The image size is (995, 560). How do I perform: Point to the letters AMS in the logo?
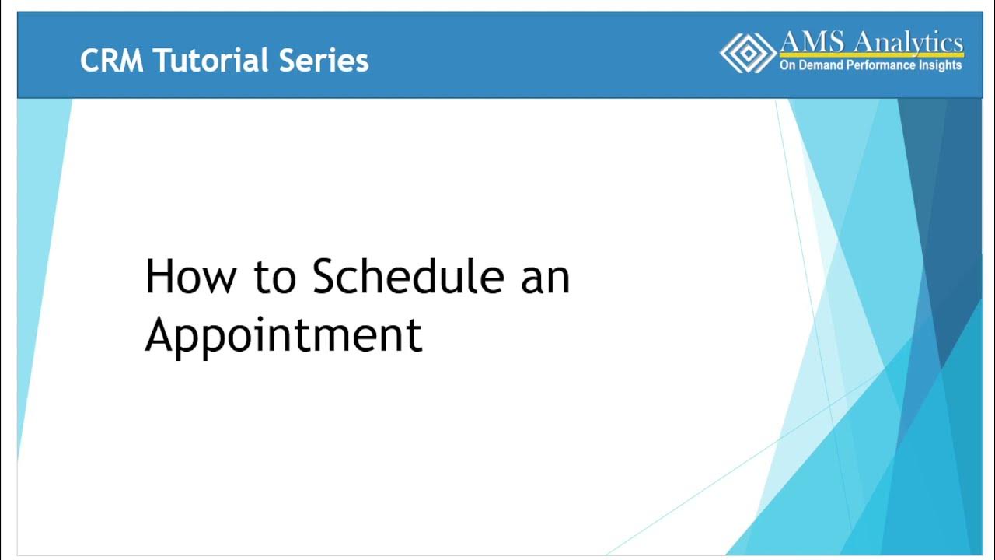[809, 42]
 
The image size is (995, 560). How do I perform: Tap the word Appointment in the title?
[284, 335]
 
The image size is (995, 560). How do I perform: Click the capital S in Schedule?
[326, 277]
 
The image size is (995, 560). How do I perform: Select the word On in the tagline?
[787, 66]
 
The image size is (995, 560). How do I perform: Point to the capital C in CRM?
[89, 61]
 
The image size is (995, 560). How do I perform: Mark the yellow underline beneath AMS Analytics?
[871, 56]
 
